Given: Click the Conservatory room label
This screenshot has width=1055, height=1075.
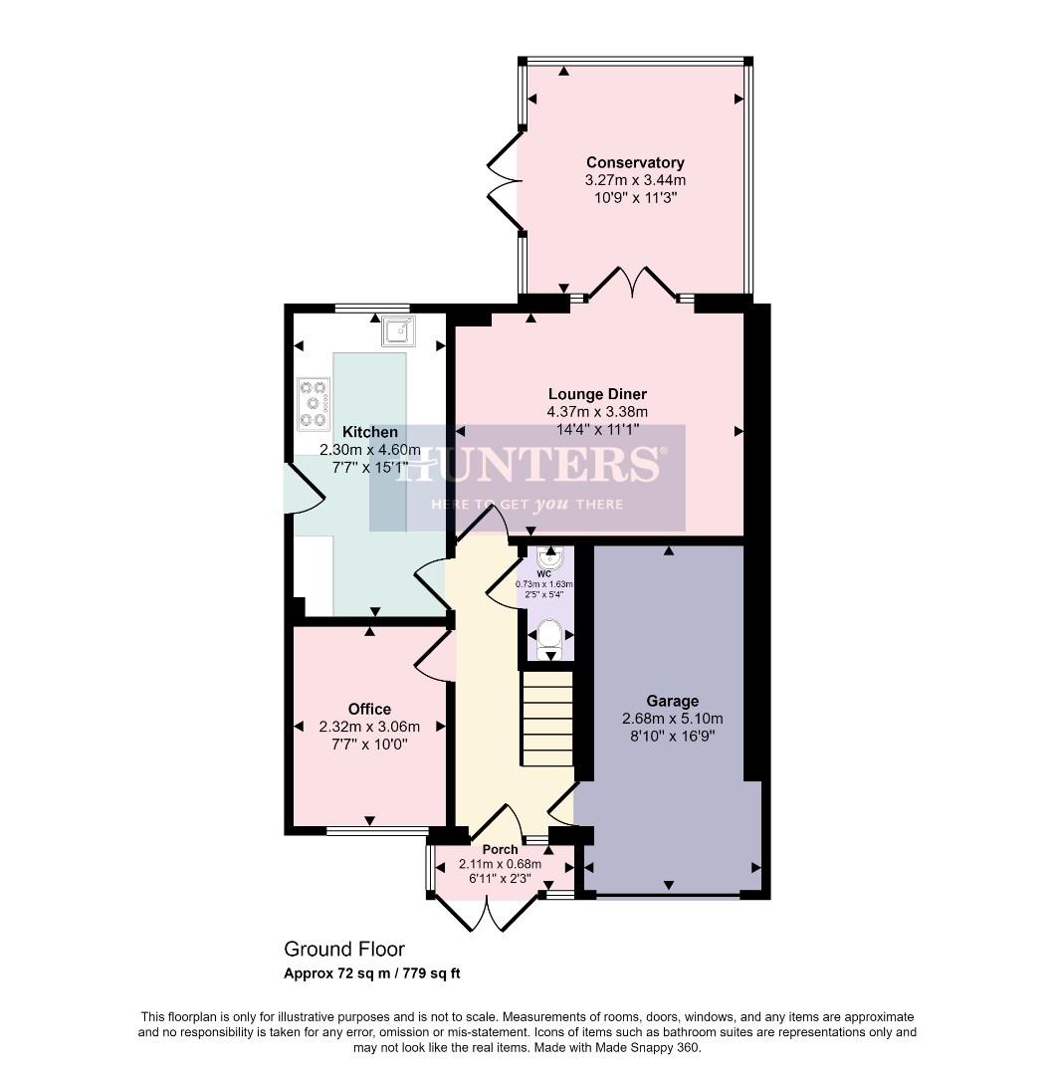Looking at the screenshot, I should pos(635,162).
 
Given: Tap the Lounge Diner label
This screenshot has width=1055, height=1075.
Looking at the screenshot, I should pos(596,394).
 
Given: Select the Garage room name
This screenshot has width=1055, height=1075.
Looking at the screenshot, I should pos(672,701).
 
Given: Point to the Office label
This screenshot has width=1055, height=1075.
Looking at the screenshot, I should pos(369,709).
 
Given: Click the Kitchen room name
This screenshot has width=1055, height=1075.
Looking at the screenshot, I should pos(370,432).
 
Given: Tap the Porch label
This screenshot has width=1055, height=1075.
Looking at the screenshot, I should pos(500,849).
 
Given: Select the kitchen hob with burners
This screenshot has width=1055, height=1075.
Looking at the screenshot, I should pos(314,404).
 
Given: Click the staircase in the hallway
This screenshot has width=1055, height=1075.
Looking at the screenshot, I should pos(547,719).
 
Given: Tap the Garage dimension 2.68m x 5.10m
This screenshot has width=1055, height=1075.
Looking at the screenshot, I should pos(672,719).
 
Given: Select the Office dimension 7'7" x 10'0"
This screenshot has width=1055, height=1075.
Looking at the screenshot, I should pos(369,744).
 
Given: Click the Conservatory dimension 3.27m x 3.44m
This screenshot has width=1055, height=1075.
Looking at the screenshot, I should pos(635,180).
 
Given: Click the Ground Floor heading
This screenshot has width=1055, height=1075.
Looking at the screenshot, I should pos(344,950).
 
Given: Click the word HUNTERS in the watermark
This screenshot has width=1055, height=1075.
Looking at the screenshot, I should pos(527,466).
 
